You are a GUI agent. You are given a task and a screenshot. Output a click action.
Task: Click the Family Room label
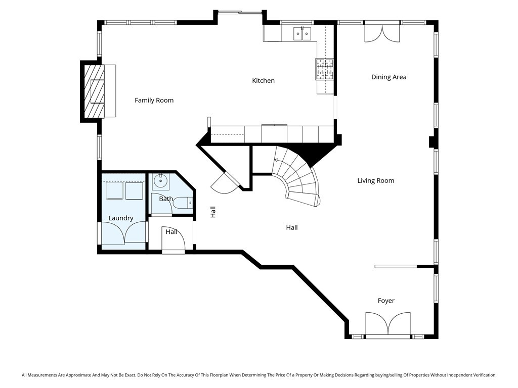[154, 101]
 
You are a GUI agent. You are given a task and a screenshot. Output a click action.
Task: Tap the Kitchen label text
[263, 81]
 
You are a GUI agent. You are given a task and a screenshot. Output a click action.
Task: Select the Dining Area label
[388, 77]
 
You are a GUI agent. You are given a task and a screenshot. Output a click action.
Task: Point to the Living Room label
[375, 181]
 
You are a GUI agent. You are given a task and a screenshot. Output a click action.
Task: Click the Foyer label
[386, 301]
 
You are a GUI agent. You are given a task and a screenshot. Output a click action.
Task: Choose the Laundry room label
[121, 218]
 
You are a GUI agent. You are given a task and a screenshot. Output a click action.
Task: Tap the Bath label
[166, 199]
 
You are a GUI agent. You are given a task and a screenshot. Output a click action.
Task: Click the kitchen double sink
[302, 33]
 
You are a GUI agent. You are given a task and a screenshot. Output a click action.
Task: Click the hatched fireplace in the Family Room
[94, 91]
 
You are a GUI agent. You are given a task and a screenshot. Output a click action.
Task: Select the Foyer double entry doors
[388, 324]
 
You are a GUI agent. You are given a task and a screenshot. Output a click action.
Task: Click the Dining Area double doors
[382, 33]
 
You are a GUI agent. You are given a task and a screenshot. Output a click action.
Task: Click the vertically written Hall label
[213, 212]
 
